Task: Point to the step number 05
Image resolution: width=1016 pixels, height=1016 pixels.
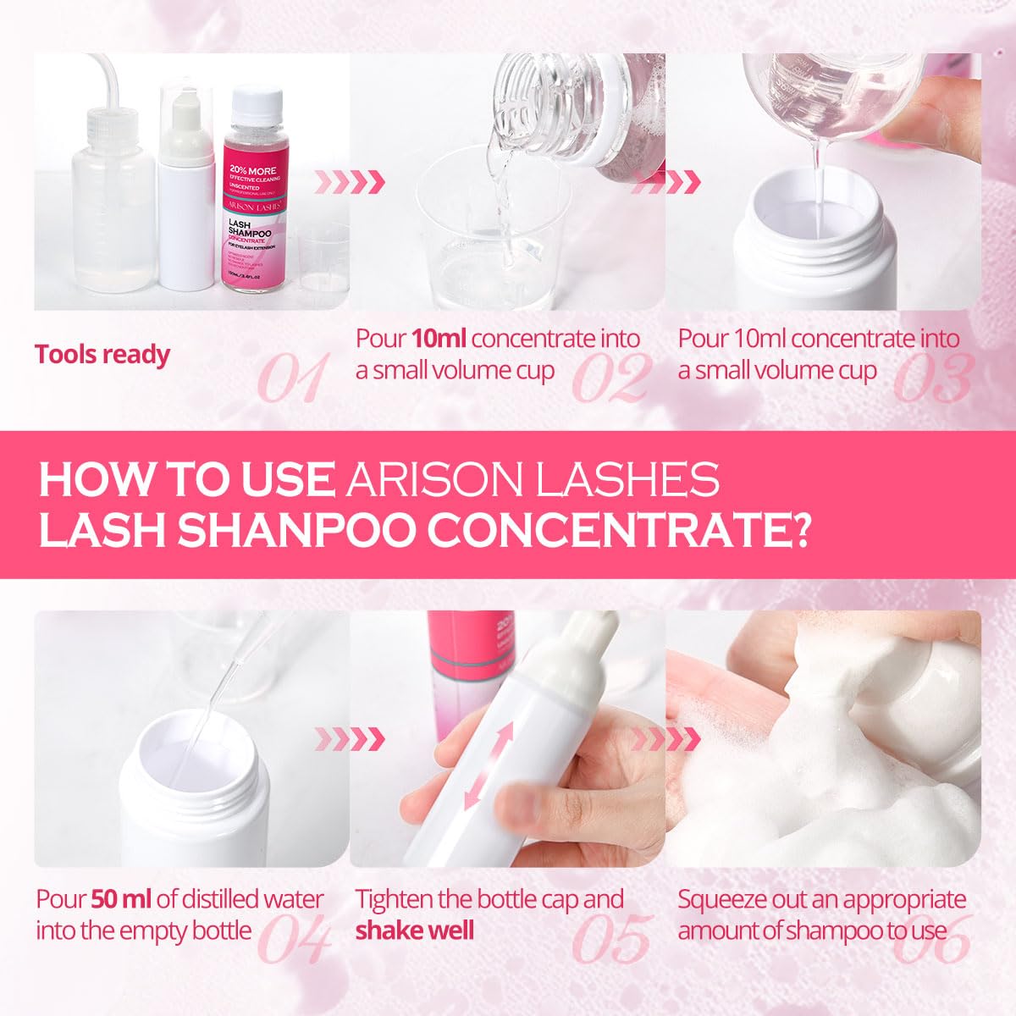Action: (x=611, y=938)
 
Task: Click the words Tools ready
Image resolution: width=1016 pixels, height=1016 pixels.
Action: (x=102, y=355)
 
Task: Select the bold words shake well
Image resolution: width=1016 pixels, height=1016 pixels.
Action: (x=414, y=930)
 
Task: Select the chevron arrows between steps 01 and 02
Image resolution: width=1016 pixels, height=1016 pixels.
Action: (x=351, y=181)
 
